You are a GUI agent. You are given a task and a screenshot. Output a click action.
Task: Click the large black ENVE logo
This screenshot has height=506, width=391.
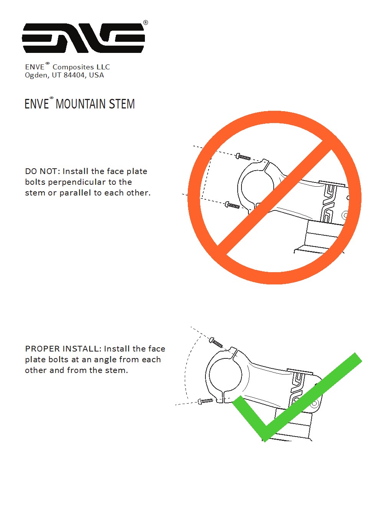(83, 38)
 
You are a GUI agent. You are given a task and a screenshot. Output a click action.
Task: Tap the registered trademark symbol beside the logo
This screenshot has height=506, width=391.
(146, 23)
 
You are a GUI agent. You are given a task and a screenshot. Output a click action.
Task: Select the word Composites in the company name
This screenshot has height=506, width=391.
(73, 67)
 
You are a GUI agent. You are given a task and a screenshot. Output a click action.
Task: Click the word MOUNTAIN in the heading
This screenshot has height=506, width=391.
(80, 104)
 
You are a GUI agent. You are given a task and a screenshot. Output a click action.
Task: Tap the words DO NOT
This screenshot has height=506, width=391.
(43, 171)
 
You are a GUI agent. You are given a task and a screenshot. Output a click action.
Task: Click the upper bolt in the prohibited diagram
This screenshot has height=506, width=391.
(243, 157)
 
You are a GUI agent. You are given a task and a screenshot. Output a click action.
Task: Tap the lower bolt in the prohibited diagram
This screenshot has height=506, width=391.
(232, 205)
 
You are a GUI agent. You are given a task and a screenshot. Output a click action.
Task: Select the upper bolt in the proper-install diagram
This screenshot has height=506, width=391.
(216, 342)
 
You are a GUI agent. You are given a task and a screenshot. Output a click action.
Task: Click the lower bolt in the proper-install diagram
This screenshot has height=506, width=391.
(205, 401)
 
